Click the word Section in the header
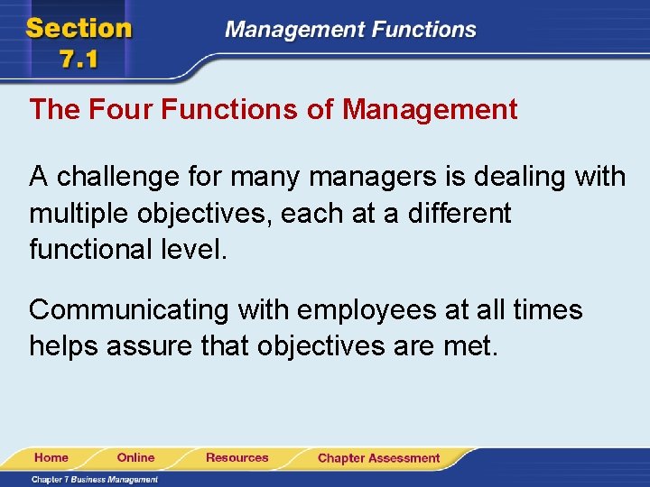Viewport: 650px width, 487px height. [79, 27]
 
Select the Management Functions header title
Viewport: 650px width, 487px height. [350, 29]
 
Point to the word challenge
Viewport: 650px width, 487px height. [119, 178]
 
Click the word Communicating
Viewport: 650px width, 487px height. [129, 311]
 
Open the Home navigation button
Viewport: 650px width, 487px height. [51, 458]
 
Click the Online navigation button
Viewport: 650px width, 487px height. [136, 458]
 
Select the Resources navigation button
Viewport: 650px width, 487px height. [237, 458]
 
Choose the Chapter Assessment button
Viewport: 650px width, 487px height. [378, 458]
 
